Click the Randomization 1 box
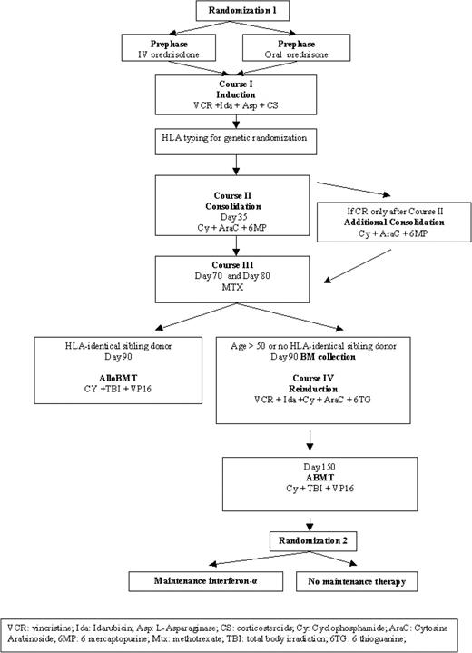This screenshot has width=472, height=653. (x=235, y=12)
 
